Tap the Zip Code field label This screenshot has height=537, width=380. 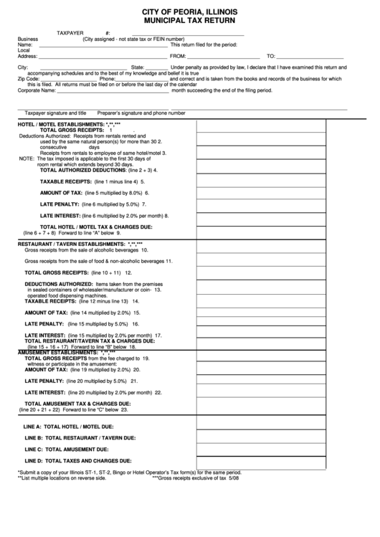point(29,78)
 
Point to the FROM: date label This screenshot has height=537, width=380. point(177,55)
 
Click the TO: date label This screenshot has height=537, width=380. point(271,55)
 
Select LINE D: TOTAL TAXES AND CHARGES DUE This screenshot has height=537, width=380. point(77,460)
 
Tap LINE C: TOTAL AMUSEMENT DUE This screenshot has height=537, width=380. point(69,449)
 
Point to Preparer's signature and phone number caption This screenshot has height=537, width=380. point(141,113)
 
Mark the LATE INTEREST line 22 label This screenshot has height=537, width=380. point(44,392)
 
